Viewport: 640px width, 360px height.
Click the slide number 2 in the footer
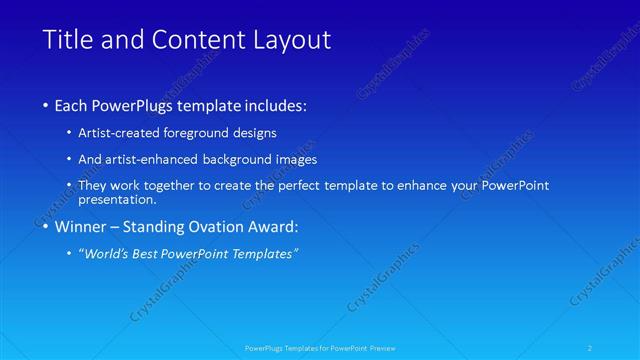(x=593, y=348)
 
